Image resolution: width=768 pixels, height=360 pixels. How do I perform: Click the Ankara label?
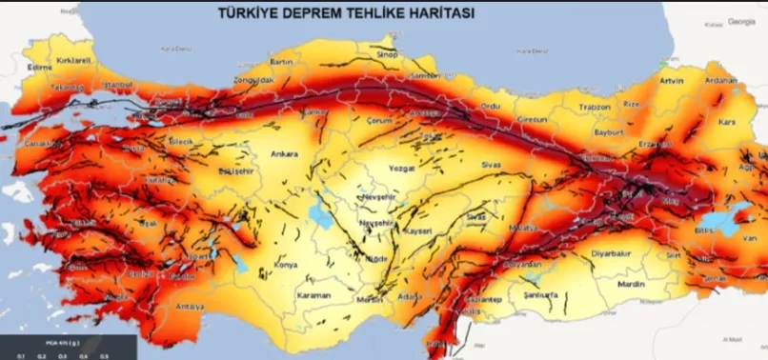(285, 153)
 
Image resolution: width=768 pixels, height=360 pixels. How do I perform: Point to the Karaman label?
(313, 295)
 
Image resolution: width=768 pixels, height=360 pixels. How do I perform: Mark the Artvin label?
(673, 81)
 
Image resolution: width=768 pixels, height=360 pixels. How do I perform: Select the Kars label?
(727, 124)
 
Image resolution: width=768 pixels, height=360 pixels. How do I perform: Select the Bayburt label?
(608, 133)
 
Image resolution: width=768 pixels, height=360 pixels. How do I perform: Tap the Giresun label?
(535, 120)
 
